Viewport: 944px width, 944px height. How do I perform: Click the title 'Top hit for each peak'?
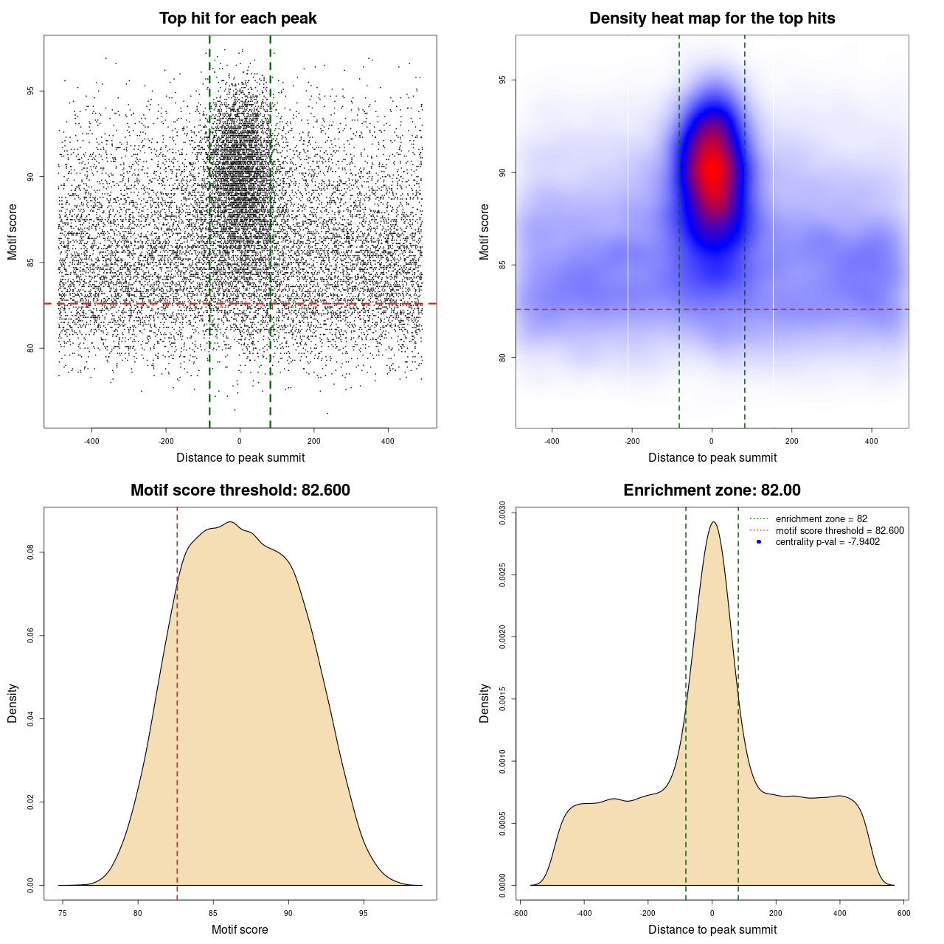click(237, 18)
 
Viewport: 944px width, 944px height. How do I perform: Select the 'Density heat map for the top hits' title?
click(712, 18)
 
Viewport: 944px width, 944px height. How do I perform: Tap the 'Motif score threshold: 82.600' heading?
click(240, 490)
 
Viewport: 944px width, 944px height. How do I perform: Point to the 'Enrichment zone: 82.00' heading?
click(712, 490)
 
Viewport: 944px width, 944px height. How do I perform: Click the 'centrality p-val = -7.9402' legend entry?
click(827, 542)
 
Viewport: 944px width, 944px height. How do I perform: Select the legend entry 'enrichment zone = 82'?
click(821, 519)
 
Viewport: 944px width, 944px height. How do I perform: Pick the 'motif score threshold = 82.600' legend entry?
click(839, 531)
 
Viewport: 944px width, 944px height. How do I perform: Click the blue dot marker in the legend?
click(759, 542)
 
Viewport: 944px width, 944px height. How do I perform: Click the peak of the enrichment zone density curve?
click(712, 522)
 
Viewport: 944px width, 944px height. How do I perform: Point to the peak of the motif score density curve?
click(230, 522)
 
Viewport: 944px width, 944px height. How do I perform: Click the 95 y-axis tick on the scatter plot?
click(30, 91)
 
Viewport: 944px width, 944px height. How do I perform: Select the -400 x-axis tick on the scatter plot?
click(91, 441)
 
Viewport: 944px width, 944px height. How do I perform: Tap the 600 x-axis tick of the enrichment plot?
click(903, 913)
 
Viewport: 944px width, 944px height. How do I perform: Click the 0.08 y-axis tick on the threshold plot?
click(30, 552)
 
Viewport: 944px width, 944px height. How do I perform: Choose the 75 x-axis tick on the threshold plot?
click(63, 913)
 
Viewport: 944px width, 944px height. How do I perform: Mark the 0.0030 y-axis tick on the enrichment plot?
click(502, 513)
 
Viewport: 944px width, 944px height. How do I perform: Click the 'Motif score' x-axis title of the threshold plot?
click(240, 929)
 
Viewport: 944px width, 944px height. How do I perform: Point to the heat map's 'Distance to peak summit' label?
click(712, 457)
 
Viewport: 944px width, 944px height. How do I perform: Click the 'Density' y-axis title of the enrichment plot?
click(485, 703)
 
